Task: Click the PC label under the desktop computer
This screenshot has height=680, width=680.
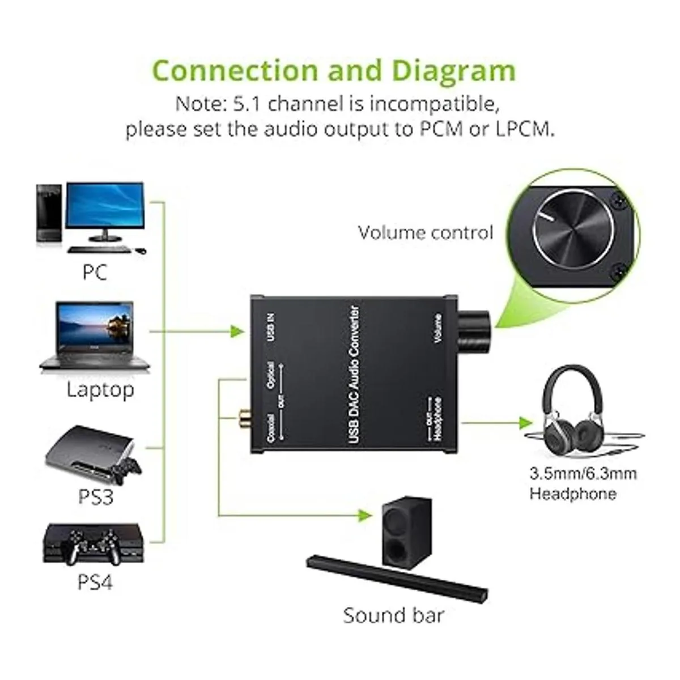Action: pos(95,272)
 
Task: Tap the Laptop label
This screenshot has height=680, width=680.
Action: pos(100,389)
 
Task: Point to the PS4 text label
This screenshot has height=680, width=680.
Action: pos(95,582)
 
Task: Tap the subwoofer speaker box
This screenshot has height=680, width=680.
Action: pos(402,532)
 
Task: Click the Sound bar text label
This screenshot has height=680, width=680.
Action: pos(393,615)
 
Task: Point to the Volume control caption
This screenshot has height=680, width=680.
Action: pos(426,232)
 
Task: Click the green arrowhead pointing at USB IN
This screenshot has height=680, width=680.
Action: pos(239,332)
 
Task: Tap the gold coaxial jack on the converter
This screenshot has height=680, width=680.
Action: pos(243,420)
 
